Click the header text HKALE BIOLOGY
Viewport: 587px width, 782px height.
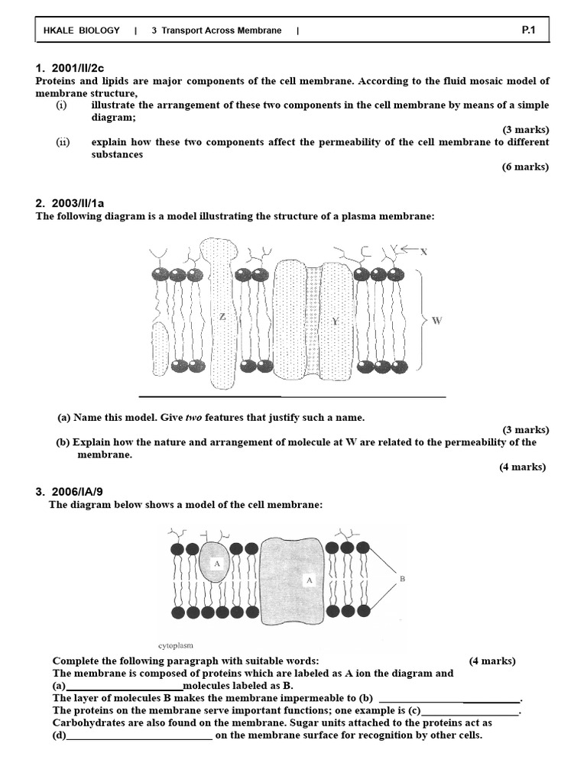(x=82, y=31)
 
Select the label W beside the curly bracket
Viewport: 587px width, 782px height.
(x=436, y=321)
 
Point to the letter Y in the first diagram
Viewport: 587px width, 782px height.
(x=334, y=322)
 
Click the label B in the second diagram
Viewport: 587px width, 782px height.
(x=402, y=580)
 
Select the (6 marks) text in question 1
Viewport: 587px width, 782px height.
(x=525, y=166)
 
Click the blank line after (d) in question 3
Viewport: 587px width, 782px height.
(x=140, y=736)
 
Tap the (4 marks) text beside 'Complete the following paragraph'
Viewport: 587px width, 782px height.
(x=492, y=661)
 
